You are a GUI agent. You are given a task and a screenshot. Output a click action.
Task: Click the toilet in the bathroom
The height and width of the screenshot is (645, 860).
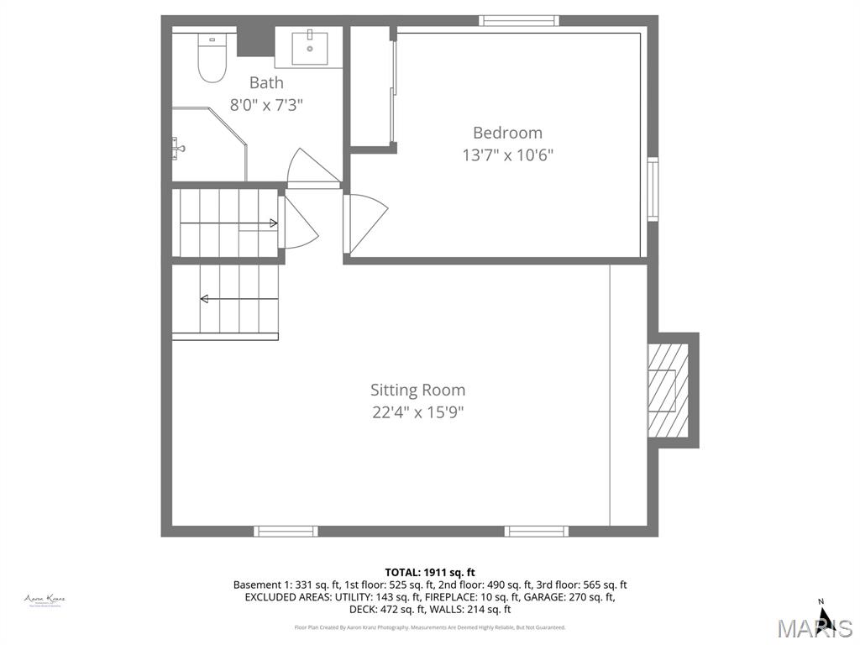click(x=212, y=60)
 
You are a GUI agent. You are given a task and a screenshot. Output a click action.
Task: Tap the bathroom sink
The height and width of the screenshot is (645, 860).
click(x=309, y=47)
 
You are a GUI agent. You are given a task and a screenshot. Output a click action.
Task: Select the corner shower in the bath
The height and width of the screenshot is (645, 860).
click(x=206, y=144)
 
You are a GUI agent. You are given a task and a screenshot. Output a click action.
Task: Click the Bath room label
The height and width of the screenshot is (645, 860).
click(x=266, y=82)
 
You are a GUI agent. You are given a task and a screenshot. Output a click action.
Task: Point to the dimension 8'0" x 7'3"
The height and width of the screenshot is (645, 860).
click(x=266, y=105)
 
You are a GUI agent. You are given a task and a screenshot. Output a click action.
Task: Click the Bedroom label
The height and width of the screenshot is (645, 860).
click(x=507, y=133)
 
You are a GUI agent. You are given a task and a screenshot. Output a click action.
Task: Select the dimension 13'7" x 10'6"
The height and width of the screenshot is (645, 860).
click(x=507, y=155)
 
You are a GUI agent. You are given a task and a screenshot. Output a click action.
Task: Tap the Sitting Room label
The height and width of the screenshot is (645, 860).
click(x=417, y=390)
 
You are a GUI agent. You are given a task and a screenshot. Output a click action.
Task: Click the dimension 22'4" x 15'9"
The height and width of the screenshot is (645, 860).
click(x=417, y=412)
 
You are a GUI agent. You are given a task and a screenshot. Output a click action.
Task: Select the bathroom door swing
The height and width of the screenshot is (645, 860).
click(x=311, y=168)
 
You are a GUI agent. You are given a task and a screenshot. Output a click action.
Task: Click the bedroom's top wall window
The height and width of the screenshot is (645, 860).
click(x=519, y=20)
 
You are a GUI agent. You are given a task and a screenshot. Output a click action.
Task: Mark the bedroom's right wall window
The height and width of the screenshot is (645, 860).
click(x=653, y=189)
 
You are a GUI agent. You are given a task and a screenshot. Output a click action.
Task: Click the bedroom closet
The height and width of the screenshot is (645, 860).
click(x=370, y=87)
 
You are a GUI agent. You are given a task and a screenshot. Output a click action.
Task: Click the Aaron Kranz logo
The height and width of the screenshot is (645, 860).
click(x=45, y=600)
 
